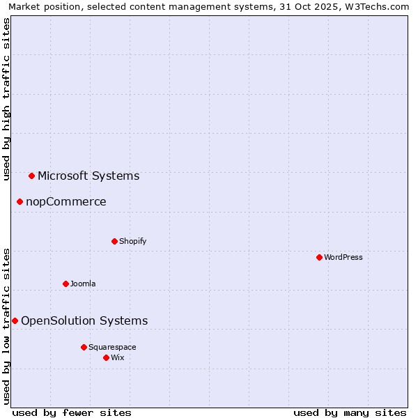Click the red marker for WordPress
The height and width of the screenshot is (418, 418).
click(319, 257)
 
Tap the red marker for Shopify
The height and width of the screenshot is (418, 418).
click(114, 241)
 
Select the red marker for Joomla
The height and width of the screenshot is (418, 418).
click(65, 284)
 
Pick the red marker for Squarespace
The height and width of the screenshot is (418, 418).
click(84, 347)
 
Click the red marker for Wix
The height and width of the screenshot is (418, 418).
click(106, 357)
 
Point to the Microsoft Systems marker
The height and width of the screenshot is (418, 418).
click(31, 176)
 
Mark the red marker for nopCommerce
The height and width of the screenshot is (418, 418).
click(20, 201)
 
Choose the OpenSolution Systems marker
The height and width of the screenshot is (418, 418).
click(15, 320)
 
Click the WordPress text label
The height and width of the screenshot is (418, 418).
click(343, 257)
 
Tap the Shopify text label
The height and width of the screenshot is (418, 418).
click(133, 241)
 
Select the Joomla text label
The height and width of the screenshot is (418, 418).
click(83, 284)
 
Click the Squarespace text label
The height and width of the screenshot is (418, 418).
click(112, 347)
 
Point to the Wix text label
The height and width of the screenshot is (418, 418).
click(118, 357)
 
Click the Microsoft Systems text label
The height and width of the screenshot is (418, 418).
click(88, 176)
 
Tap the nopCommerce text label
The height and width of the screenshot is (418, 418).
click(66, 201)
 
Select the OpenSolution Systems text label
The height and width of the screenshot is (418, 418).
click(84, 320)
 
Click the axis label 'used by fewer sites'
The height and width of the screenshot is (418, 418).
click(72, 412)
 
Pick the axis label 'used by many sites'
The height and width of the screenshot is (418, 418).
click(350, 412)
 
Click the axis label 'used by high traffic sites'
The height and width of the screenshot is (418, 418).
click(7, 100)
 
